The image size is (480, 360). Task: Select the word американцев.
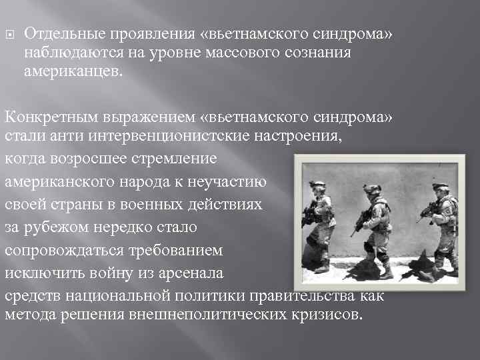[x=73, y=71]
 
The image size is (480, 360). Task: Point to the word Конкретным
[x=51, y=117]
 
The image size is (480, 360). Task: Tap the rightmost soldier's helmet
[x=441, y=187]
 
